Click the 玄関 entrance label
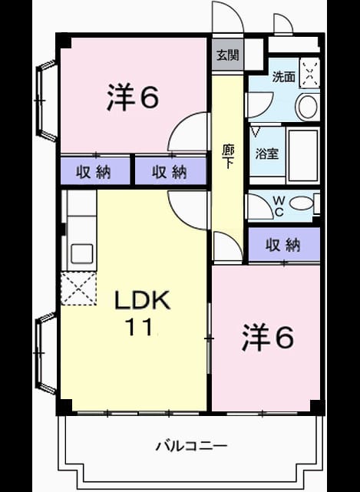(228, 55)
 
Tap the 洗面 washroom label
(283, 77)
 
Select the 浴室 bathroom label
(267, 154)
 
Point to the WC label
(279, 206)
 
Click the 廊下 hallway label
(228, 157)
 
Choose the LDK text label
(142, 300)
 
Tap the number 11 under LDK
(139, 327)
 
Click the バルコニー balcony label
(191, 446)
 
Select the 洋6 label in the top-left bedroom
(133, 97)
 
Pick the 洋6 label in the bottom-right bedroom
(268, 338)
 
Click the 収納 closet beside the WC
(284, 245)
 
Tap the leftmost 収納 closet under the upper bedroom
(95, 171)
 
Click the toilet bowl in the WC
(301, 203)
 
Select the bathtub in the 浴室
(303, 155)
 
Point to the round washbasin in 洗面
(308, 107)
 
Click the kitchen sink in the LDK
(81, 253)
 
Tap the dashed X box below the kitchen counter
(78, 289)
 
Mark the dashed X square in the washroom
(309, 74)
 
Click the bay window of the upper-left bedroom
(47, 101)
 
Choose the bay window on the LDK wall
(47, 353)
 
